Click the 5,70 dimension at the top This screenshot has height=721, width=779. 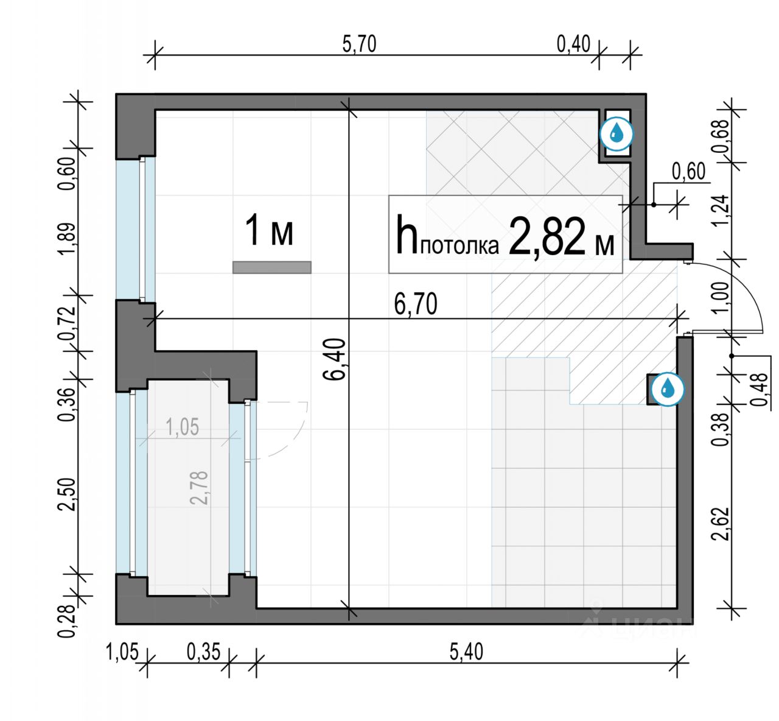tap(359, 44)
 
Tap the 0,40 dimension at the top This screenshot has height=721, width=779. tap(573, 44)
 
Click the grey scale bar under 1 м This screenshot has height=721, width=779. tap(272, 267)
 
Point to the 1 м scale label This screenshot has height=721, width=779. tap(269, 230)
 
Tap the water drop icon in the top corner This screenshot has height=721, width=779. tap(617, 134)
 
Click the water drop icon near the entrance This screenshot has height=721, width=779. tap(668, 389)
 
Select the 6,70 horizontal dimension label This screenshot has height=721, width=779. tap(416, 304)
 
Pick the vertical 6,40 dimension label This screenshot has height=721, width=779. tap(335, 360)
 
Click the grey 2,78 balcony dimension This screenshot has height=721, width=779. tap(199, 488)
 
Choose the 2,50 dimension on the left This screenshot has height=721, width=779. tap(66, 494)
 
